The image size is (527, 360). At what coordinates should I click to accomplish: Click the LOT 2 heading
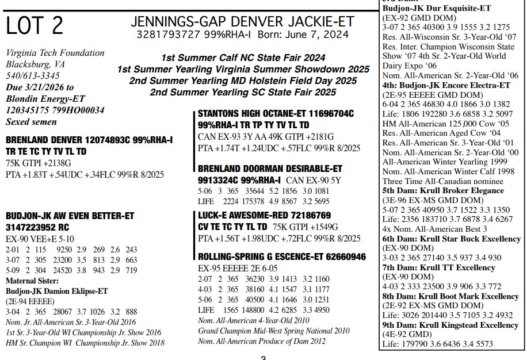[x=35, y=26]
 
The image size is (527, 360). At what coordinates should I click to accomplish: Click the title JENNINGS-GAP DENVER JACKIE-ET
[x=242, y=22]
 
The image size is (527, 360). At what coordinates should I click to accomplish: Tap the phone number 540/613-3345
[x=33, y=76]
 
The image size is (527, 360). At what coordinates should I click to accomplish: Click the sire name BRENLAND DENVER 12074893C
[x=89, y=140]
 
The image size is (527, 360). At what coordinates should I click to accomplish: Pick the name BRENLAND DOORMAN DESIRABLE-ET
[x=270, y=169]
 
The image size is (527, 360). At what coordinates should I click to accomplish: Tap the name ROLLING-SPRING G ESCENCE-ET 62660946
[x=281, y=256]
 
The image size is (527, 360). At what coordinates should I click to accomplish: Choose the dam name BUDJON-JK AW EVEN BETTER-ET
[x=70, y=216]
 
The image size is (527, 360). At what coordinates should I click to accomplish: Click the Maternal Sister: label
[x=33, y=281]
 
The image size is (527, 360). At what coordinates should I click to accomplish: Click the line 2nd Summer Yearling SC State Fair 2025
[x=243, y=92]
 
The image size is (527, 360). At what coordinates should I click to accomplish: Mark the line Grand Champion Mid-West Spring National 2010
[x=274, y=331]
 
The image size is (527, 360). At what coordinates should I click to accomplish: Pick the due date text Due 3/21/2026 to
[x=40, y=87]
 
